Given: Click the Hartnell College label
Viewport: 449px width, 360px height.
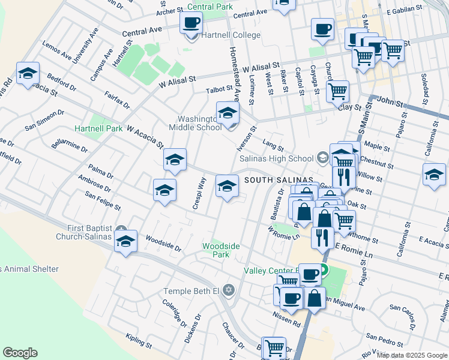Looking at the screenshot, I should point(231,35).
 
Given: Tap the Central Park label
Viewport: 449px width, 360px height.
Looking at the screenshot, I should point(209,7).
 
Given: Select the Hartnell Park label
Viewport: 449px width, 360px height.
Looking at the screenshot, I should point(98,128).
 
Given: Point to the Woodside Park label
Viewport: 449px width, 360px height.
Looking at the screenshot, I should point(221,250).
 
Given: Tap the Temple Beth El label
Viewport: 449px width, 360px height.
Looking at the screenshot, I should point(191,292).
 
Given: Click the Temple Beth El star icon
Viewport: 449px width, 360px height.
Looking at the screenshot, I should point(228,291).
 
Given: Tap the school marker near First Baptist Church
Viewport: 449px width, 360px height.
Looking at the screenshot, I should point(125,242).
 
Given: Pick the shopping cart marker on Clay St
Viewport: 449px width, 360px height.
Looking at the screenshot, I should point(337,92).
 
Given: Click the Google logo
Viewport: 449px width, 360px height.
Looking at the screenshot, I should point(20,353).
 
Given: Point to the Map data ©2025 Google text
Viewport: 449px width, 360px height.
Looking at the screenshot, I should point(411,355).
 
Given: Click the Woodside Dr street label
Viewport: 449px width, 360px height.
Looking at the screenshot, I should point(163,243).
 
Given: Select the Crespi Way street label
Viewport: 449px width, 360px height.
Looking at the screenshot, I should point(199,193).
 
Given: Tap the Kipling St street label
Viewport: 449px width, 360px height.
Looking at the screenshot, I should point(139,341).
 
